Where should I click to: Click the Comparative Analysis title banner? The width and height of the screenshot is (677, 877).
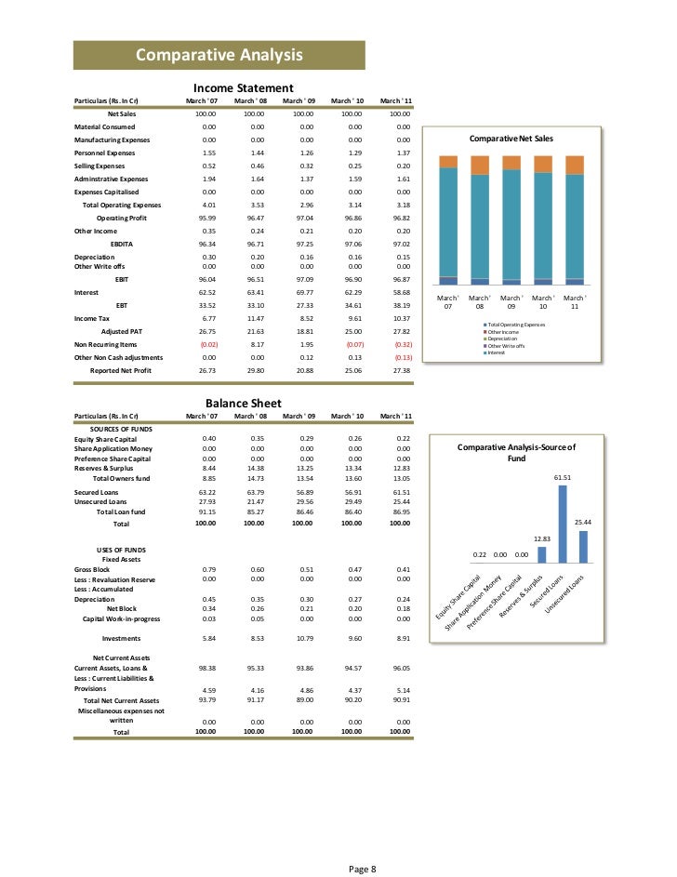coord(219,56)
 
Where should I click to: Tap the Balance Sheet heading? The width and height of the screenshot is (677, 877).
coord(244,404)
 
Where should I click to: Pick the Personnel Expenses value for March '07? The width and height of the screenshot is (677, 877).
coord(208,152)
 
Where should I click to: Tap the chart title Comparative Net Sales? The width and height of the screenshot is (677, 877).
coord(511,139)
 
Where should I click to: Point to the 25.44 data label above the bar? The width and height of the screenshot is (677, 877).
coord(583,523)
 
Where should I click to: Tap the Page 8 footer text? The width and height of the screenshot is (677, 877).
coord(362,843)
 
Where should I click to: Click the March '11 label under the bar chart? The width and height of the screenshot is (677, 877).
coord(574,301)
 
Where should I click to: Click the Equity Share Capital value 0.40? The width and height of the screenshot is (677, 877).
coord(208,438)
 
